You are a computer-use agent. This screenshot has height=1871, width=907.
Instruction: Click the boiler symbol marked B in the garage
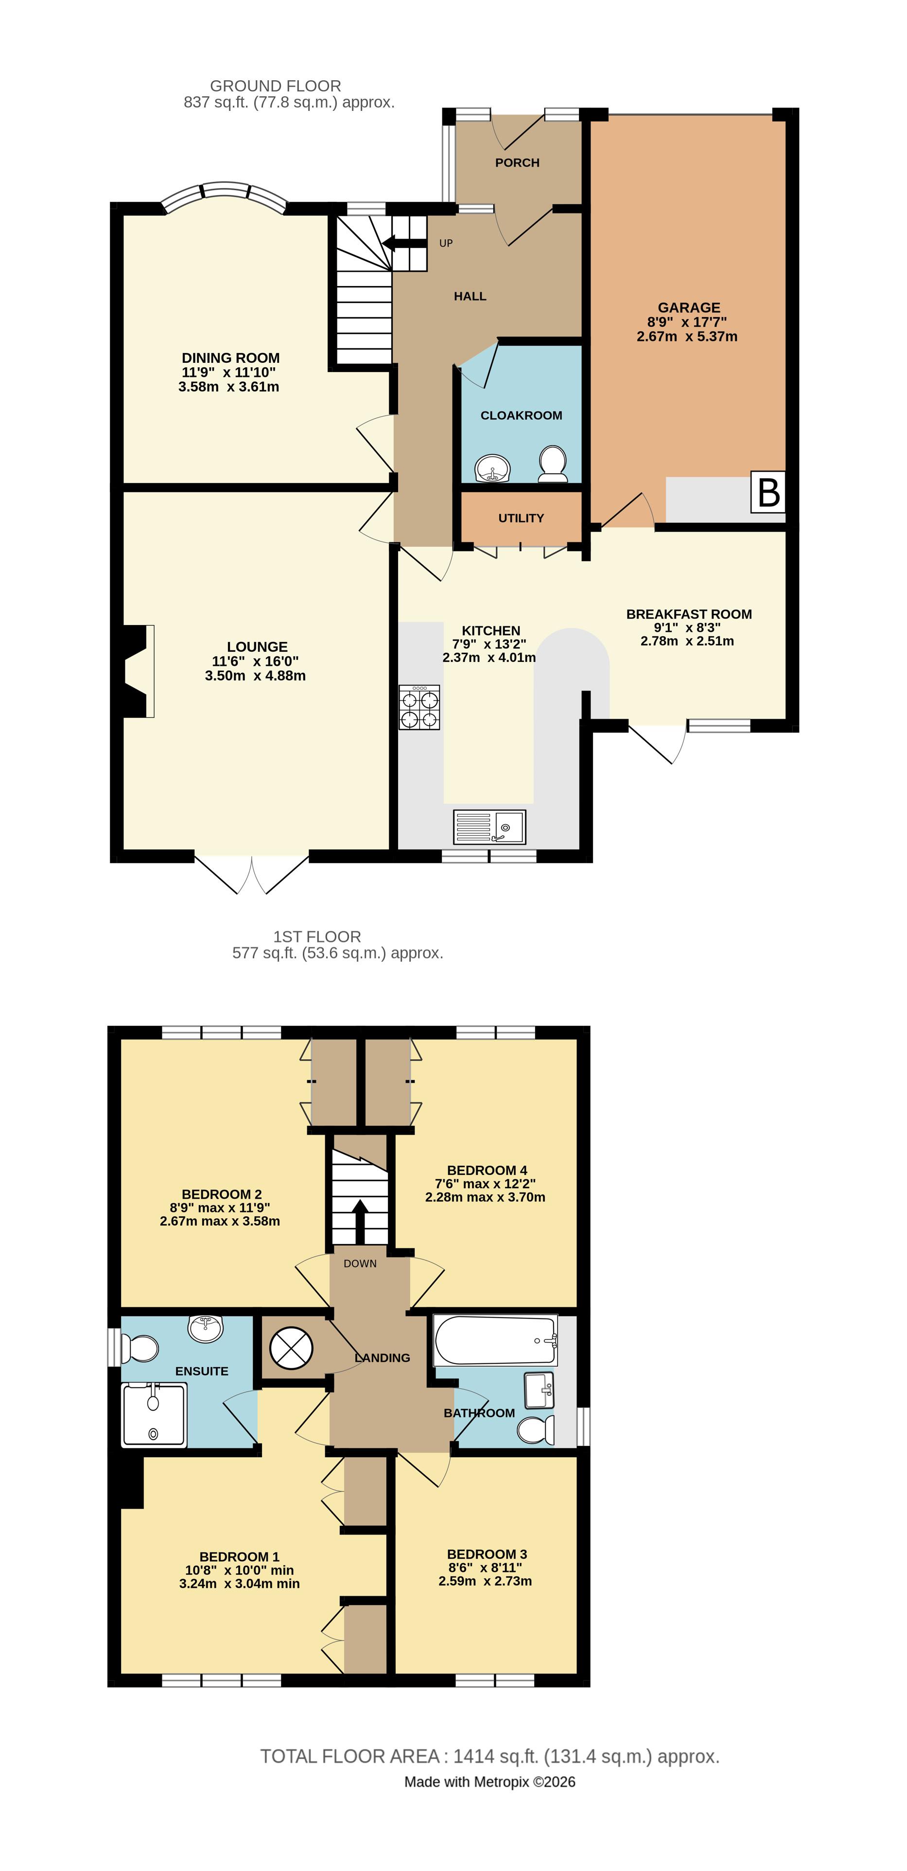point(767,493)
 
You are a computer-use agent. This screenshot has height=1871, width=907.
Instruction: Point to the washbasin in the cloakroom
point(493,468)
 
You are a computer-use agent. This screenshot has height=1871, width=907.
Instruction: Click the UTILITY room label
point(521,518)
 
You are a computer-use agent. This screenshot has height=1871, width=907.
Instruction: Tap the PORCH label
point(517,163)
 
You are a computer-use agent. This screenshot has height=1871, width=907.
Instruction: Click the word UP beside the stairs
point(446,243)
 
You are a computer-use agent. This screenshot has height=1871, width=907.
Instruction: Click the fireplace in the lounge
point(137,671)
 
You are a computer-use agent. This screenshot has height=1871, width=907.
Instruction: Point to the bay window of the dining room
point(225,193)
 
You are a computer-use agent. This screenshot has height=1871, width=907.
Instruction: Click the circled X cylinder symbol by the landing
point(291,1349)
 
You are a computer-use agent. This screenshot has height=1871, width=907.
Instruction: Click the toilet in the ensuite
point(140,1349)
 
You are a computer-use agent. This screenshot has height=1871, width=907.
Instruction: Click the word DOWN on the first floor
point(360,1263)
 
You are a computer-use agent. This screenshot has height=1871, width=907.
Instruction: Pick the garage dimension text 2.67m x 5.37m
point(686,336)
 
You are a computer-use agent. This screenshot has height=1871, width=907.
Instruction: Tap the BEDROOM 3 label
point(487,1553)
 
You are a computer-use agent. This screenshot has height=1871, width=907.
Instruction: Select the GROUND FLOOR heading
point(275,86)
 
